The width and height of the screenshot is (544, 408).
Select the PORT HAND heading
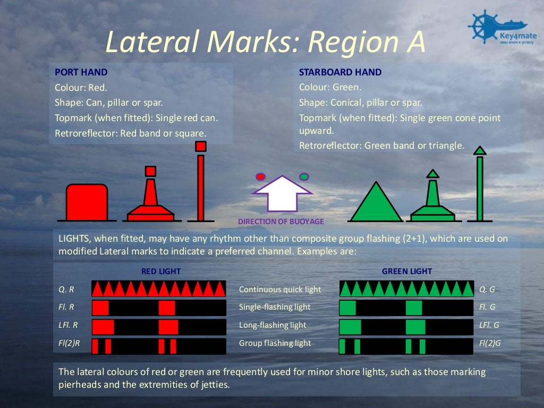(81, 72)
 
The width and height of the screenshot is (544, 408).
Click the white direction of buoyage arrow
(282, 193)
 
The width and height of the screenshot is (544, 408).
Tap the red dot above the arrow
(260, 176)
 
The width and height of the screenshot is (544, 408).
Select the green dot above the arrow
(304, 176)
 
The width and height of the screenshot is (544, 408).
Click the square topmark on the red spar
(200, 146)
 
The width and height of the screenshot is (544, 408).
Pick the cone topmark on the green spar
(480, 150)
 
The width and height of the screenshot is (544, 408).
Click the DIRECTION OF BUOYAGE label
(280, 222)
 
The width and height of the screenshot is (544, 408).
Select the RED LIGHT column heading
(161, 271)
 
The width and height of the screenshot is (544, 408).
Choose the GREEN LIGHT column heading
(407, 271)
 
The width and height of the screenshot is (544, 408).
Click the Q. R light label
(66, 290)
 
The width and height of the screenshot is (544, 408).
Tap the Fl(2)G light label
(490, 343)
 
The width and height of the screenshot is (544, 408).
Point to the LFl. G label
(489, 325)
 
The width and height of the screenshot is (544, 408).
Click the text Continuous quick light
(280, 290)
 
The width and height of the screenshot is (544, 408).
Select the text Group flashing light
(275, 343)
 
